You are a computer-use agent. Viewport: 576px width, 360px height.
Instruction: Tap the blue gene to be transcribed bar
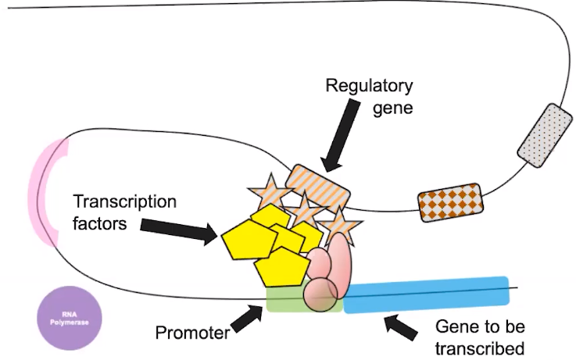[x=427, y=294]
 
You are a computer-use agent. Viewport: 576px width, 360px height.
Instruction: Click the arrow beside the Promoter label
[x=248, y=318]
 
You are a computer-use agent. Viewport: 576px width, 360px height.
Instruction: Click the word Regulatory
[x=370, y=84]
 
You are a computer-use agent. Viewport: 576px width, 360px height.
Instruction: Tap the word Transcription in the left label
[x=125, y=201]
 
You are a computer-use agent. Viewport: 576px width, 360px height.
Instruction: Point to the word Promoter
[x=191, y=333]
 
